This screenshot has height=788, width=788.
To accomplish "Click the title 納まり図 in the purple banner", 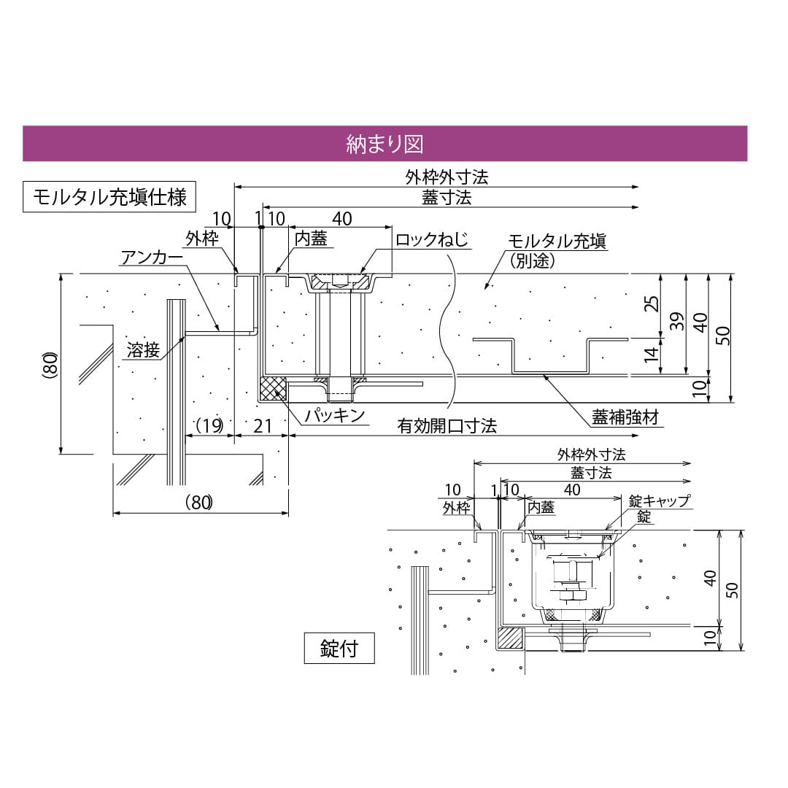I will click(x=385, y=144).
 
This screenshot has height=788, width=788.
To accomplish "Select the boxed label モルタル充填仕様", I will click(x=109, y=197).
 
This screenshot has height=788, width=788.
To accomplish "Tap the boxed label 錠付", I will click(x=339, y=647).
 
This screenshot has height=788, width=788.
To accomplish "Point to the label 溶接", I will click(x=142, y=349).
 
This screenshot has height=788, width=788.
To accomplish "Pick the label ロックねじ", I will click(x=430, y=239).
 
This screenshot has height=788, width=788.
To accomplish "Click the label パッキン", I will click(x=334, y=416).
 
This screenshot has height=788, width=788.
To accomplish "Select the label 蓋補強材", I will click(x=625, y=417).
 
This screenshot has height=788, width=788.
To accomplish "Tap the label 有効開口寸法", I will click(x=447, y=426).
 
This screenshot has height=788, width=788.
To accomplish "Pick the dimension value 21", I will click(x=261, y=425).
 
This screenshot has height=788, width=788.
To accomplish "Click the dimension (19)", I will click(x=209, y=425).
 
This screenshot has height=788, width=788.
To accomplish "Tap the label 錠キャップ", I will click(x=659, y=501).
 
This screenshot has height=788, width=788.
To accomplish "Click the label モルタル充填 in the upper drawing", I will click(x=557, y=242).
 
